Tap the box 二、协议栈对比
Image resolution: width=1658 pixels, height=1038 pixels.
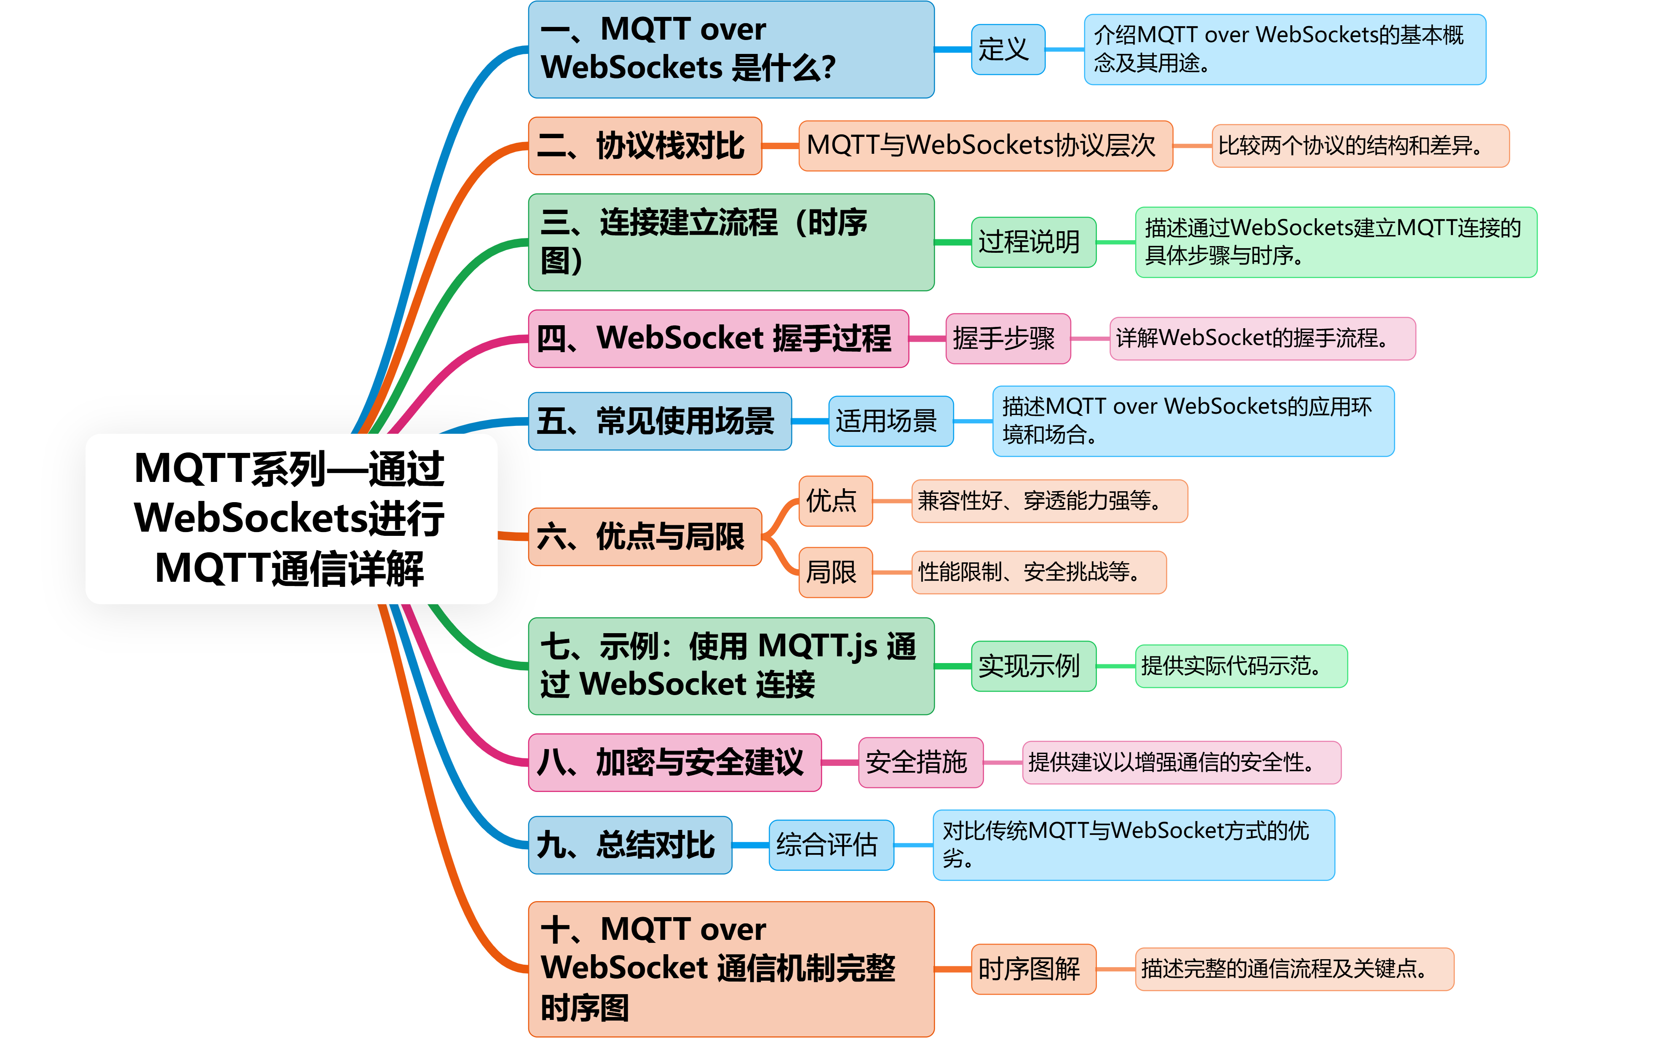pos(644,145)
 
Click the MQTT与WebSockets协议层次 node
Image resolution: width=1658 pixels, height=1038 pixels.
pos(985,145)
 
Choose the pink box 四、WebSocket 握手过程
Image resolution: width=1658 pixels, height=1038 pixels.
pos(718,338)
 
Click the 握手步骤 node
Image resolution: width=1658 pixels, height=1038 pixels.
pos(1007,338)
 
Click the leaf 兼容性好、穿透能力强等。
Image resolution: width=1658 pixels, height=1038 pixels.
pos(1048,500)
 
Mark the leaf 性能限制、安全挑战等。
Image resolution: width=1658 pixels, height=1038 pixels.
pos(1038,572)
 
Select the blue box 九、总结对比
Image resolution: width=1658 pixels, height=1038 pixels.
pos(629,844)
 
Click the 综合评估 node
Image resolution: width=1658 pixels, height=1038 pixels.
pos(830,844)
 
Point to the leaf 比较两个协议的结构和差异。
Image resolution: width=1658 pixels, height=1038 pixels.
pos(1359,145)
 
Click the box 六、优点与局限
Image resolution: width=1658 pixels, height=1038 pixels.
pos(644,536)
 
